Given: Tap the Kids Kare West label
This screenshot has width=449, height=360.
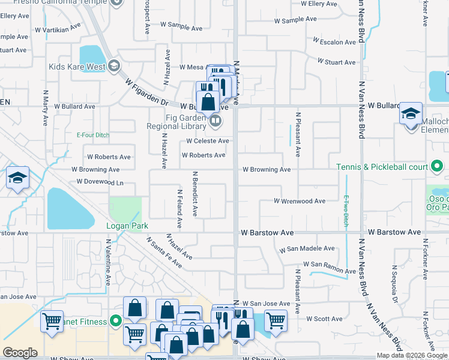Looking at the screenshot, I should coord(77,66).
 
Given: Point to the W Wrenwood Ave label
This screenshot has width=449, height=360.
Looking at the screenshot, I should coord(299,201).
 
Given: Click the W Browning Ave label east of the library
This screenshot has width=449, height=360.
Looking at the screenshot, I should coord(267,170).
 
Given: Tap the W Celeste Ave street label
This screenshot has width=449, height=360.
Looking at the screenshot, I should coord(207,141).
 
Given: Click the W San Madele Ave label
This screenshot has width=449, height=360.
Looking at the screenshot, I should coord(307,248).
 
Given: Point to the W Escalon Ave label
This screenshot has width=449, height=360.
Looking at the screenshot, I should coord(334,42).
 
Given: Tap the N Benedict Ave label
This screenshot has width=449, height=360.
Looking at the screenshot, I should coord(194,194).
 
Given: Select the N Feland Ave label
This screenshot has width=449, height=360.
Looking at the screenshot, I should coord(179,209).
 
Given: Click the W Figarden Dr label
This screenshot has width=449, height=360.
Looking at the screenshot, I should coord(146,92).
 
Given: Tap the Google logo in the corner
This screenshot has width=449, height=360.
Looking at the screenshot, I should coord(20,353).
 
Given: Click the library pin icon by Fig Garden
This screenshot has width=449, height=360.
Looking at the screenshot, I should coord(215,122).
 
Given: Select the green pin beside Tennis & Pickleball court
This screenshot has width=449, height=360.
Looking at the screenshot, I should coord(437,166).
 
